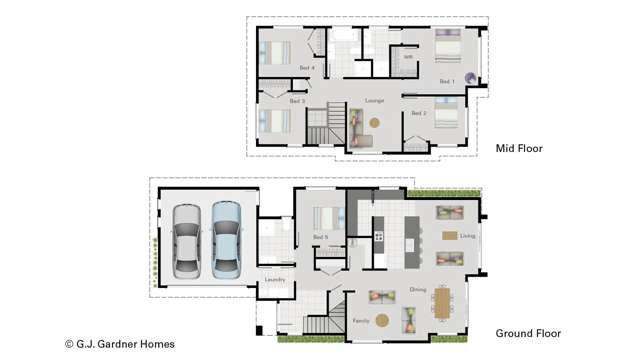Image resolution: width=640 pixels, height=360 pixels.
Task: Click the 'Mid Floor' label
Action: click(519, 148)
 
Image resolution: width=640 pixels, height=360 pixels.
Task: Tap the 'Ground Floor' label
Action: click(528, 333)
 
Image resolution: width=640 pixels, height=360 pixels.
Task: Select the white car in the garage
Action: click(187, 240)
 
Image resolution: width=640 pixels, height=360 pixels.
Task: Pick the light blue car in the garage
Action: click(226, 240)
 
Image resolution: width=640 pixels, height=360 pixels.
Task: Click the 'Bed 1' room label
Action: click(446, 81)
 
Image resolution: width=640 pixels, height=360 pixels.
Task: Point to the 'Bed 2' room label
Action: click(419, 114)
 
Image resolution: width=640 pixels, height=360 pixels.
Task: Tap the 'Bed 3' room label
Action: click(297, 101)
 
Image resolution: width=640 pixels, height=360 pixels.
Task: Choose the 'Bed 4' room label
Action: click(307, 68)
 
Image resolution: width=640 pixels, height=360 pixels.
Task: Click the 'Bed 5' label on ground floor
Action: click(320, 237)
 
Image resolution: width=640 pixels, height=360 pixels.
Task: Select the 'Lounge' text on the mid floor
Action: click(375, 100)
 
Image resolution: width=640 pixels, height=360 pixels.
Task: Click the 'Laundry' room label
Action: click(275, 280)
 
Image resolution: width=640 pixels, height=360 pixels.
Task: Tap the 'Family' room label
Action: click(361, 321)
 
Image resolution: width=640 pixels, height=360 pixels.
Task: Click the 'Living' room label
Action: click(467, 236)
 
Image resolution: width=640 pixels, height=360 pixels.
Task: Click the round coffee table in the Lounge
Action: click(375, 123)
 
